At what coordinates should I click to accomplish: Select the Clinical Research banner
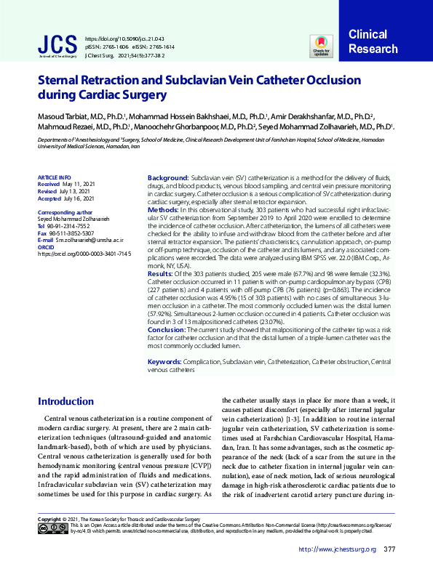373,42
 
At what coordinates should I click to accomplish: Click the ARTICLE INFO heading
54,177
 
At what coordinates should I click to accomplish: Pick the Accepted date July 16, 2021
79,198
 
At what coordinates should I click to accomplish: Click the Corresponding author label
65,212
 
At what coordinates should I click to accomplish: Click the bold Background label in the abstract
167,178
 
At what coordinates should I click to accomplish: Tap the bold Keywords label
165,362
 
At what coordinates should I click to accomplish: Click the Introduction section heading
65,401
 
